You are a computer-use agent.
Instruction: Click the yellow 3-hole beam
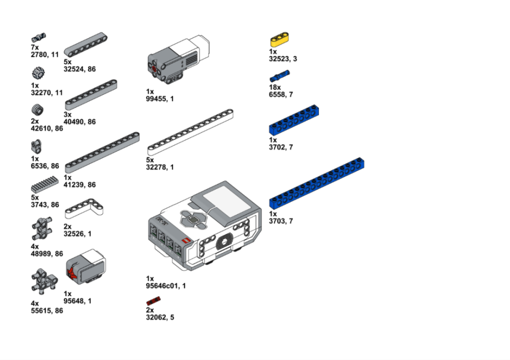click(x=279, y=40)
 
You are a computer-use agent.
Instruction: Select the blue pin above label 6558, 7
click(x=279, y=76)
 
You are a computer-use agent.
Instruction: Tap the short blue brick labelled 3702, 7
click(x=294, y=120)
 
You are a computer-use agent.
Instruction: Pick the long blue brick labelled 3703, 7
click(x=317, y=183)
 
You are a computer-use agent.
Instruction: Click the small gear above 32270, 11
click(x=38, y=73)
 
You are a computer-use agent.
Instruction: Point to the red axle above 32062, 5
click(x=154, y=301)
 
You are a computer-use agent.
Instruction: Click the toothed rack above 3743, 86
click(x=45, y=185)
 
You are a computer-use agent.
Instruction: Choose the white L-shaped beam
click(x=84, y=209)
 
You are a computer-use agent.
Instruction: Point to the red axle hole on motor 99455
click(x=154, y=68)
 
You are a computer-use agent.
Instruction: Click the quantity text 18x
click(x=275, y=87)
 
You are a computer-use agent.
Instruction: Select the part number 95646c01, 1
click(x=166, y=286)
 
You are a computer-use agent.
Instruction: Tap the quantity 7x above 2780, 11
click(x=35, y=47)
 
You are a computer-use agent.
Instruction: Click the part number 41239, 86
click(x=80, y=185)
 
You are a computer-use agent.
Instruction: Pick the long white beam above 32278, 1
click(x=190, y=132)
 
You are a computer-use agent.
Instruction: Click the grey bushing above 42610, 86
click(x=38, y=110)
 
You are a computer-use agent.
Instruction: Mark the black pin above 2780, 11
click(x=39, y=37)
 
